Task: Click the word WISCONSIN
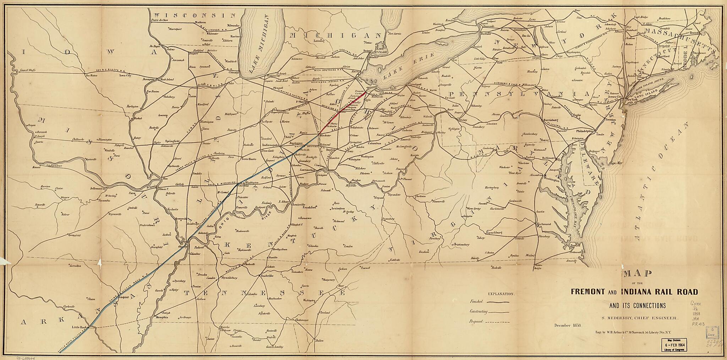[x=195, y=15]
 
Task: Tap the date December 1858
[x=567, y=326]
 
